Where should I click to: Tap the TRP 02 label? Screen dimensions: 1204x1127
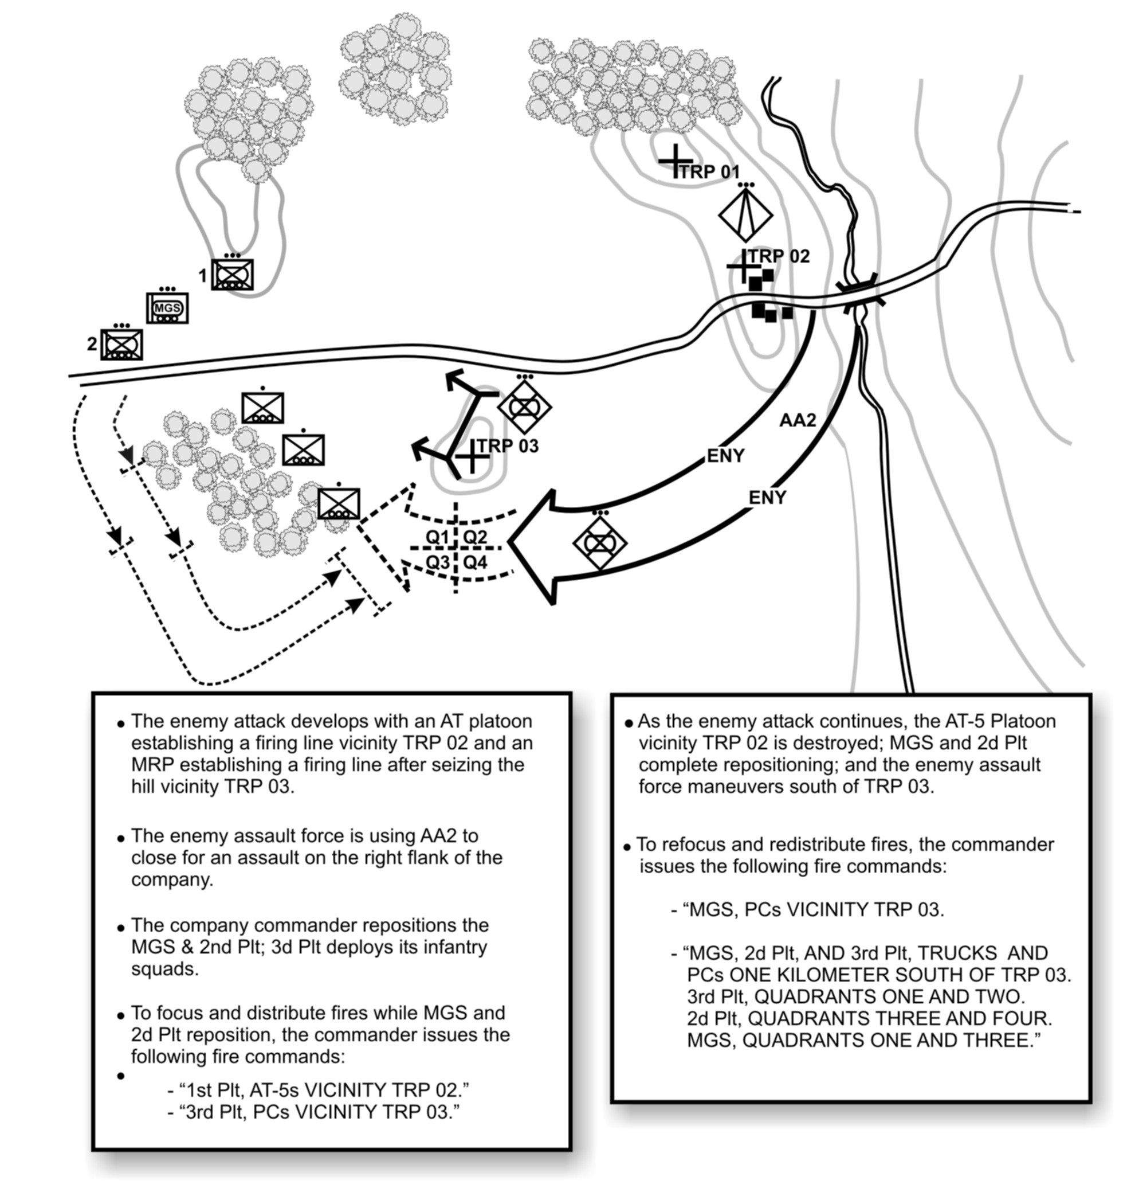pyautogui.click(x=779, y=256)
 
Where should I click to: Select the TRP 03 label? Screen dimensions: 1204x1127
pyautogui.click(x=508, y=447)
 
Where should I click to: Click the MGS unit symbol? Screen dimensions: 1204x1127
pyautogui.click(x=167, y=308)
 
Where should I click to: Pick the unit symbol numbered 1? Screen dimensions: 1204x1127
pyautogui.click(x=232, y=275)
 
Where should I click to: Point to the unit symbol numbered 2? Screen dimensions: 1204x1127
pyautogui.click(x=121, y=345)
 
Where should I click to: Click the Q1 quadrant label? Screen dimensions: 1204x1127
pyautogui.click(x=437, y=537)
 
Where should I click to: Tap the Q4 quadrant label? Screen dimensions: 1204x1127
pyautogui.click(x=475, y=562)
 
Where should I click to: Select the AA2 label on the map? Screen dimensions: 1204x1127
pyautogui.click(x=797, y=420)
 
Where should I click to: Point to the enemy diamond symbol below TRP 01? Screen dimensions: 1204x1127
pyautogui.click(x=745, y=214)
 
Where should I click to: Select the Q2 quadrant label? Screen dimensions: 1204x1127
pyautogui.click(x=475, y=537)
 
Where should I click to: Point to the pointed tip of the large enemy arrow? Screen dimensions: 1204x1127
pyautogui.click(x=509, y=541)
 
